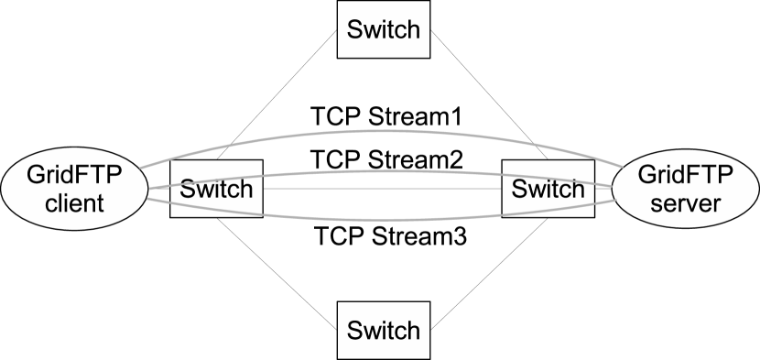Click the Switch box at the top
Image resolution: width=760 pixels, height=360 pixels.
click(383, 29)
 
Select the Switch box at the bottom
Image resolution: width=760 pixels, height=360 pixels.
click(383, 330)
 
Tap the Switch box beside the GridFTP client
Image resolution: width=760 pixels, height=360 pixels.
click(216, 190)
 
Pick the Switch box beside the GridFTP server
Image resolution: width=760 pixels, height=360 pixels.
click(547, 190)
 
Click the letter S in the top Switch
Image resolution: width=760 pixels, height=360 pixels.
click(354, 29)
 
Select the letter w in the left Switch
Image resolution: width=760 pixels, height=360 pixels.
click(201, 190)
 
